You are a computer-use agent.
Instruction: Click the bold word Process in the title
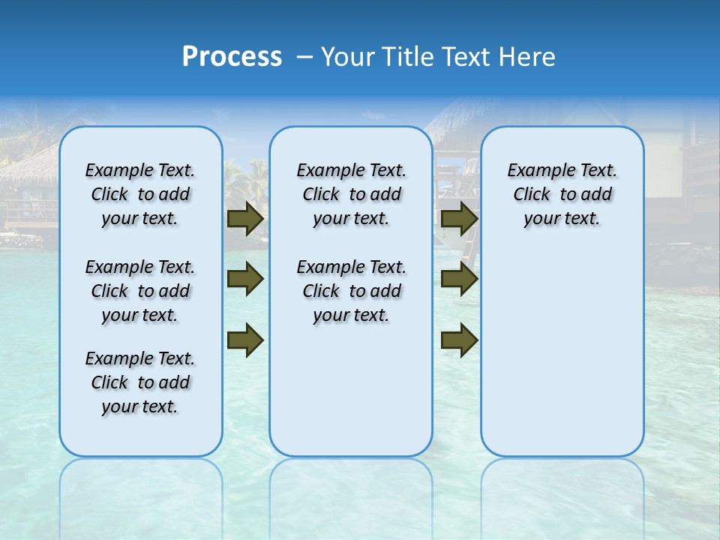pos(232,57)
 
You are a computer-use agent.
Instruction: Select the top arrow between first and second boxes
pos(244,219)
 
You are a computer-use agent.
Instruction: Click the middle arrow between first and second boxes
pos(244,280)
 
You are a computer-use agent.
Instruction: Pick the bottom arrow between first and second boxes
pos(244,340)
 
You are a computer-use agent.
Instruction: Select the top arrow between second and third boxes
pos(459,219)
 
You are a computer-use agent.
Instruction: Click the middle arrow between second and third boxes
pos(459,280)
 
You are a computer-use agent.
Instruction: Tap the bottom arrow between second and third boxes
pos(459,340)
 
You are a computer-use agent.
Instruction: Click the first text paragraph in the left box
pos(140,194)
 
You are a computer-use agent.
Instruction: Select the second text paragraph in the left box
pos(140,291)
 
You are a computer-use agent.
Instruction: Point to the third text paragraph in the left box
pos(140,382)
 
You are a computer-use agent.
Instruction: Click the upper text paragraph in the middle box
pos(351,194)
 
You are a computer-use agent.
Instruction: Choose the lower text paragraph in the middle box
pos(351,291)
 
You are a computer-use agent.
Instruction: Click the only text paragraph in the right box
pos(562,194)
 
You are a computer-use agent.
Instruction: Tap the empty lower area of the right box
pos(562,360)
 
